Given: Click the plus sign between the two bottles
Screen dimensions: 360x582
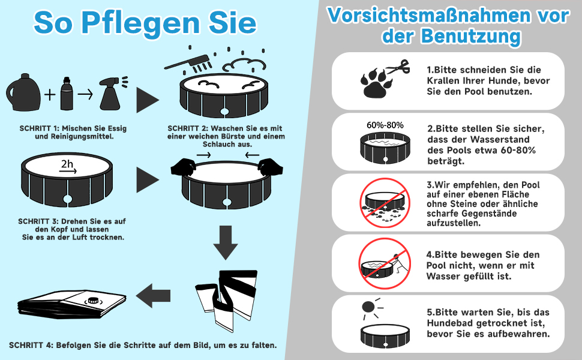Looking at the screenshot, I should tap(49, 94).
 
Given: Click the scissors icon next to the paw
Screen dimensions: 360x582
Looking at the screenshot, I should tap(396, 68).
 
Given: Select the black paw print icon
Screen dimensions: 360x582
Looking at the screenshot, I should tap(376, 84).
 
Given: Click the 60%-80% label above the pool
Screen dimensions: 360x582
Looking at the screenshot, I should tap(385, 125).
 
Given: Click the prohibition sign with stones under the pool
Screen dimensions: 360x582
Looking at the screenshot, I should tap(383, 202).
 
